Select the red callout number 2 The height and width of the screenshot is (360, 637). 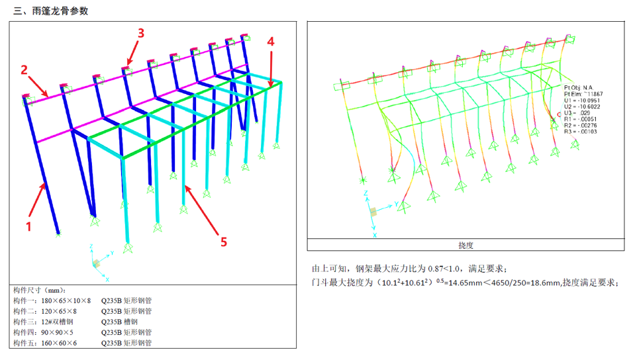click(24, 69)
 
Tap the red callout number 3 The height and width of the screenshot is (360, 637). click(140, 32)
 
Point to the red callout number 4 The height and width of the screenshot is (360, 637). click(270, 41)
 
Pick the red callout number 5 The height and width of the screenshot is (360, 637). click(223, 242)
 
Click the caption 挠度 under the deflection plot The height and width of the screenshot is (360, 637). click(465, 245)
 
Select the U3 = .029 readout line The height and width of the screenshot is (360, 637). click(577, 112)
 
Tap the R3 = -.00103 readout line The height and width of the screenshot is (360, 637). click(581, 131)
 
